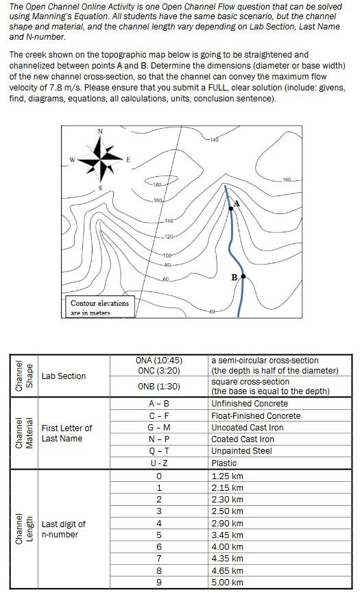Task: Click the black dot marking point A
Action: (231, 208)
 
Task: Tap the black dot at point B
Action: (243, 276)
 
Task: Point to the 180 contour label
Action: (157, 185)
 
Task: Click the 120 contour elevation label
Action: (169, 237)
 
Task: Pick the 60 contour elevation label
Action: (165, 280)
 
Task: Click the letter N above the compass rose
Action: (100, 132)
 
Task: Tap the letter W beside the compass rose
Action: (72, 159)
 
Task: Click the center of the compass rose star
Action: (101, 158)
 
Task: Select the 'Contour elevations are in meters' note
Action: (99, 308)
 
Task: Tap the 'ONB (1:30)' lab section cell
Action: (158, 387)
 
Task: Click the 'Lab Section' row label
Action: (64, 376)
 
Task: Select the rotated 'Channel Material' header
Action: (24, 433)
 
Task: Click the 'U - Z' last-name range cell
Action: (158, 463)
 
